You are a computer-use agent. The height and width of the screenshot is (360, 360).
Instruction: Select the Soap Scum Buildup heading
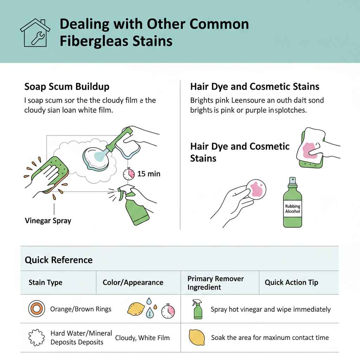[x=67, y=86]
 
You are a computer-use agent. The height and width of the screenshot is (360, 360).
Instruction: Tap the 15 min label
[x=149, y=174]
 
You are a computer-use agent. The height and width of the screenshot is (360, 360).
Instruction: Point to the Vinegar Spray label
[x=48, y=221]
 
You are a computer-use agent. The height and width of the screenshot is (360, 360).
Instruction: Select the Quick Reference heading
[x=59, y=260]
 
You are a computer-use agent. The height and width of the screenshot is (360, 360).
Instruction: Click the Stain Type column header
[x=45, y=283]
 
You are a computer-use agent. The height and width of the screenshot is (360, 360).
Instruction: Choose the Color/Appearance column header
[x=133, y=283]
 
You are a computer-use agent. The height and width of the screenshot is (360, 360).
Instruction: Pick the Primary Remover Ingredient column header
[x=216, y=283]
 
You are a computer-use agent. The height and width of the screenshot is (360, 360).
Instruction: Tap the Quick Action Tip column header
[x=291, y=283]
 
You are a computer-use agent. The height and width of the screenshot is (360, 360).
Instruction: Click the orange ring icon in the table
[x=35, y=309]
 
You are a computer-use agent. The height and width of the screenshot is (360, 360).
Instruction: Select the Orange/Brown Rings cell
[x=81, y=309]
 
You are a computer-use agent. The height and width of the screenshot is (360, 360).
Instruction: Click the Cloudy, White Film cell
[x=142, y=338]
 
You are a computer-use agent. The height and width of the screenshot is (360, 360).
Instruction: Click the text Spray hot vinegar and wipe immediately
[x=271, y=309]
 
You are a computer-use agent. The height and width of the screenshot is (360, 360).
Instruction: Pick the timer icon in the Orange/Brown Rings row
[x=168, y=311]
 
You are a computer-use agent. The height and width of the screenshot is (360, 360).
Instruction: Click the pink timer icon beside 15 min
[x=129, y=173]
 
